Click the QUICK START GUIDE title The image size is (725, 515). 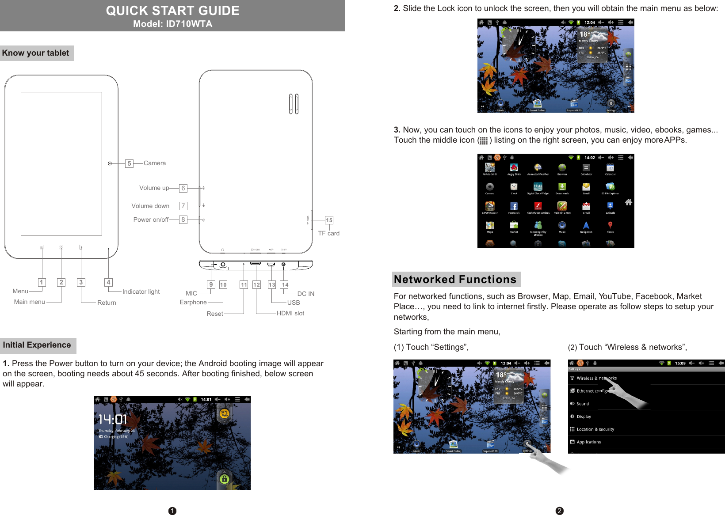[172, 11]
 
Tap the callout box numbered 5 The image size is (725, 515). [129, 163]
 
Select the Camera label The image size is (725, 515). [155, 163]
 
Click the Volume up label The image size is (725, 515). [154, 188]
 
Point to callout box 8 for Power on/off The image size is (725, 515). [183, 220]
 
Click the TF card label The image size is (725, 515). [328, 233]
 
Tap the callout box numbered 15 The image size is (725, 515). [329, 220]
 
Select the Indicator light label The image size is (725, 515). [141, 292]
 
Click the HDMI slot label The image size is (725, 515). [290, 313]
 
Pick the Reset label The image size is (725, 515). [215, 314]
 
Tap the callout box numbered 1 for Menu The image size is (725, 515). [42, 282]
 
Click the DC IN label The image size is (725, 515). [305, 294]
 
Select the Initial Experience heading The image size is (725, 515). [37, 345]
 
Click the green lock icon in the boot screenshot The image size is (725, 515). [224, 479]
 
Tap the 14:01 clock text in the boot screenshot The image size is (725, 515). [112, 419]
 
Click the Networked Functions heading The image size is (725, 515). [455, 280]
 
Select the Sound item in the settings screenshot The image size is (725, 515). [583, 404]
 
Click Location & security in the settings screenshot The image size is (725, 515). [595, 429]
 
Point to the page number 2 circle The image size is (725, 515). [559, 511]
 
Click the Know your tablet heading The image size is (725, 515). [36, 53]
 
